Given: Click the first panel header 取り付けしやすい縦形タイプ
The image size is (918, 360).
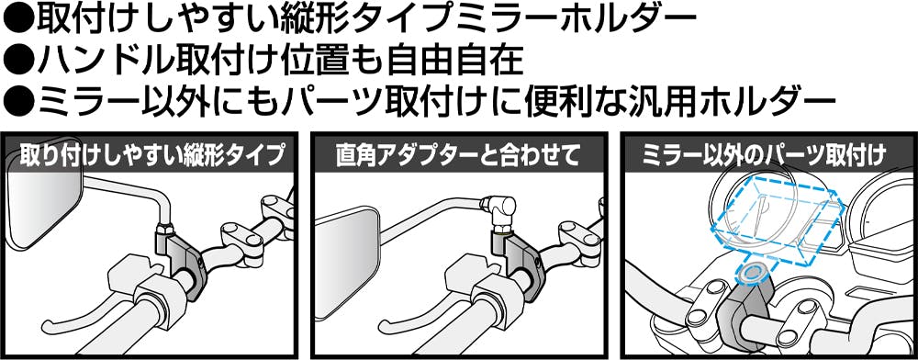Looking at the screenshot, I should pos(151,155).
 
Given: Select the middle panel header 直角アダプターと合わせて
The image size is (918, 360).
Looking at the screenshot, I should pos(458,155).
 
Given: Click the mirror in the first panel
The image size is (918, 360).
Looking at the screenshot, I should pos(40,210).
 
